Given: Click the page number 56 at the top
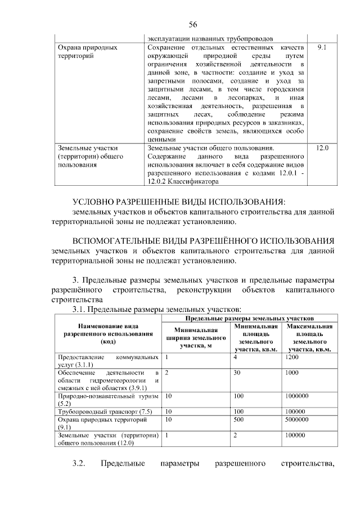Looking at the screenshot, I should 192,25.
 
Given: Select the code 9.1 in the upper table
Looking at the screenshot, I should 322,48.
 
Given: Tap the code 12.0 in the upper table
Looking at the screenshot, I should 322,147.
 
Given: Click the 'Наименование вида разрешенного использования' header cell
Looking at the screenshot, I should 105,334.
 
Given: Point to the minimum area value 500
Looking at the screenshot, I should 238,419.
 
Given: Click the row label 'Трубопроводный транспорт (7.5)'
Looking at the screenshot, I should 105,411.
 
